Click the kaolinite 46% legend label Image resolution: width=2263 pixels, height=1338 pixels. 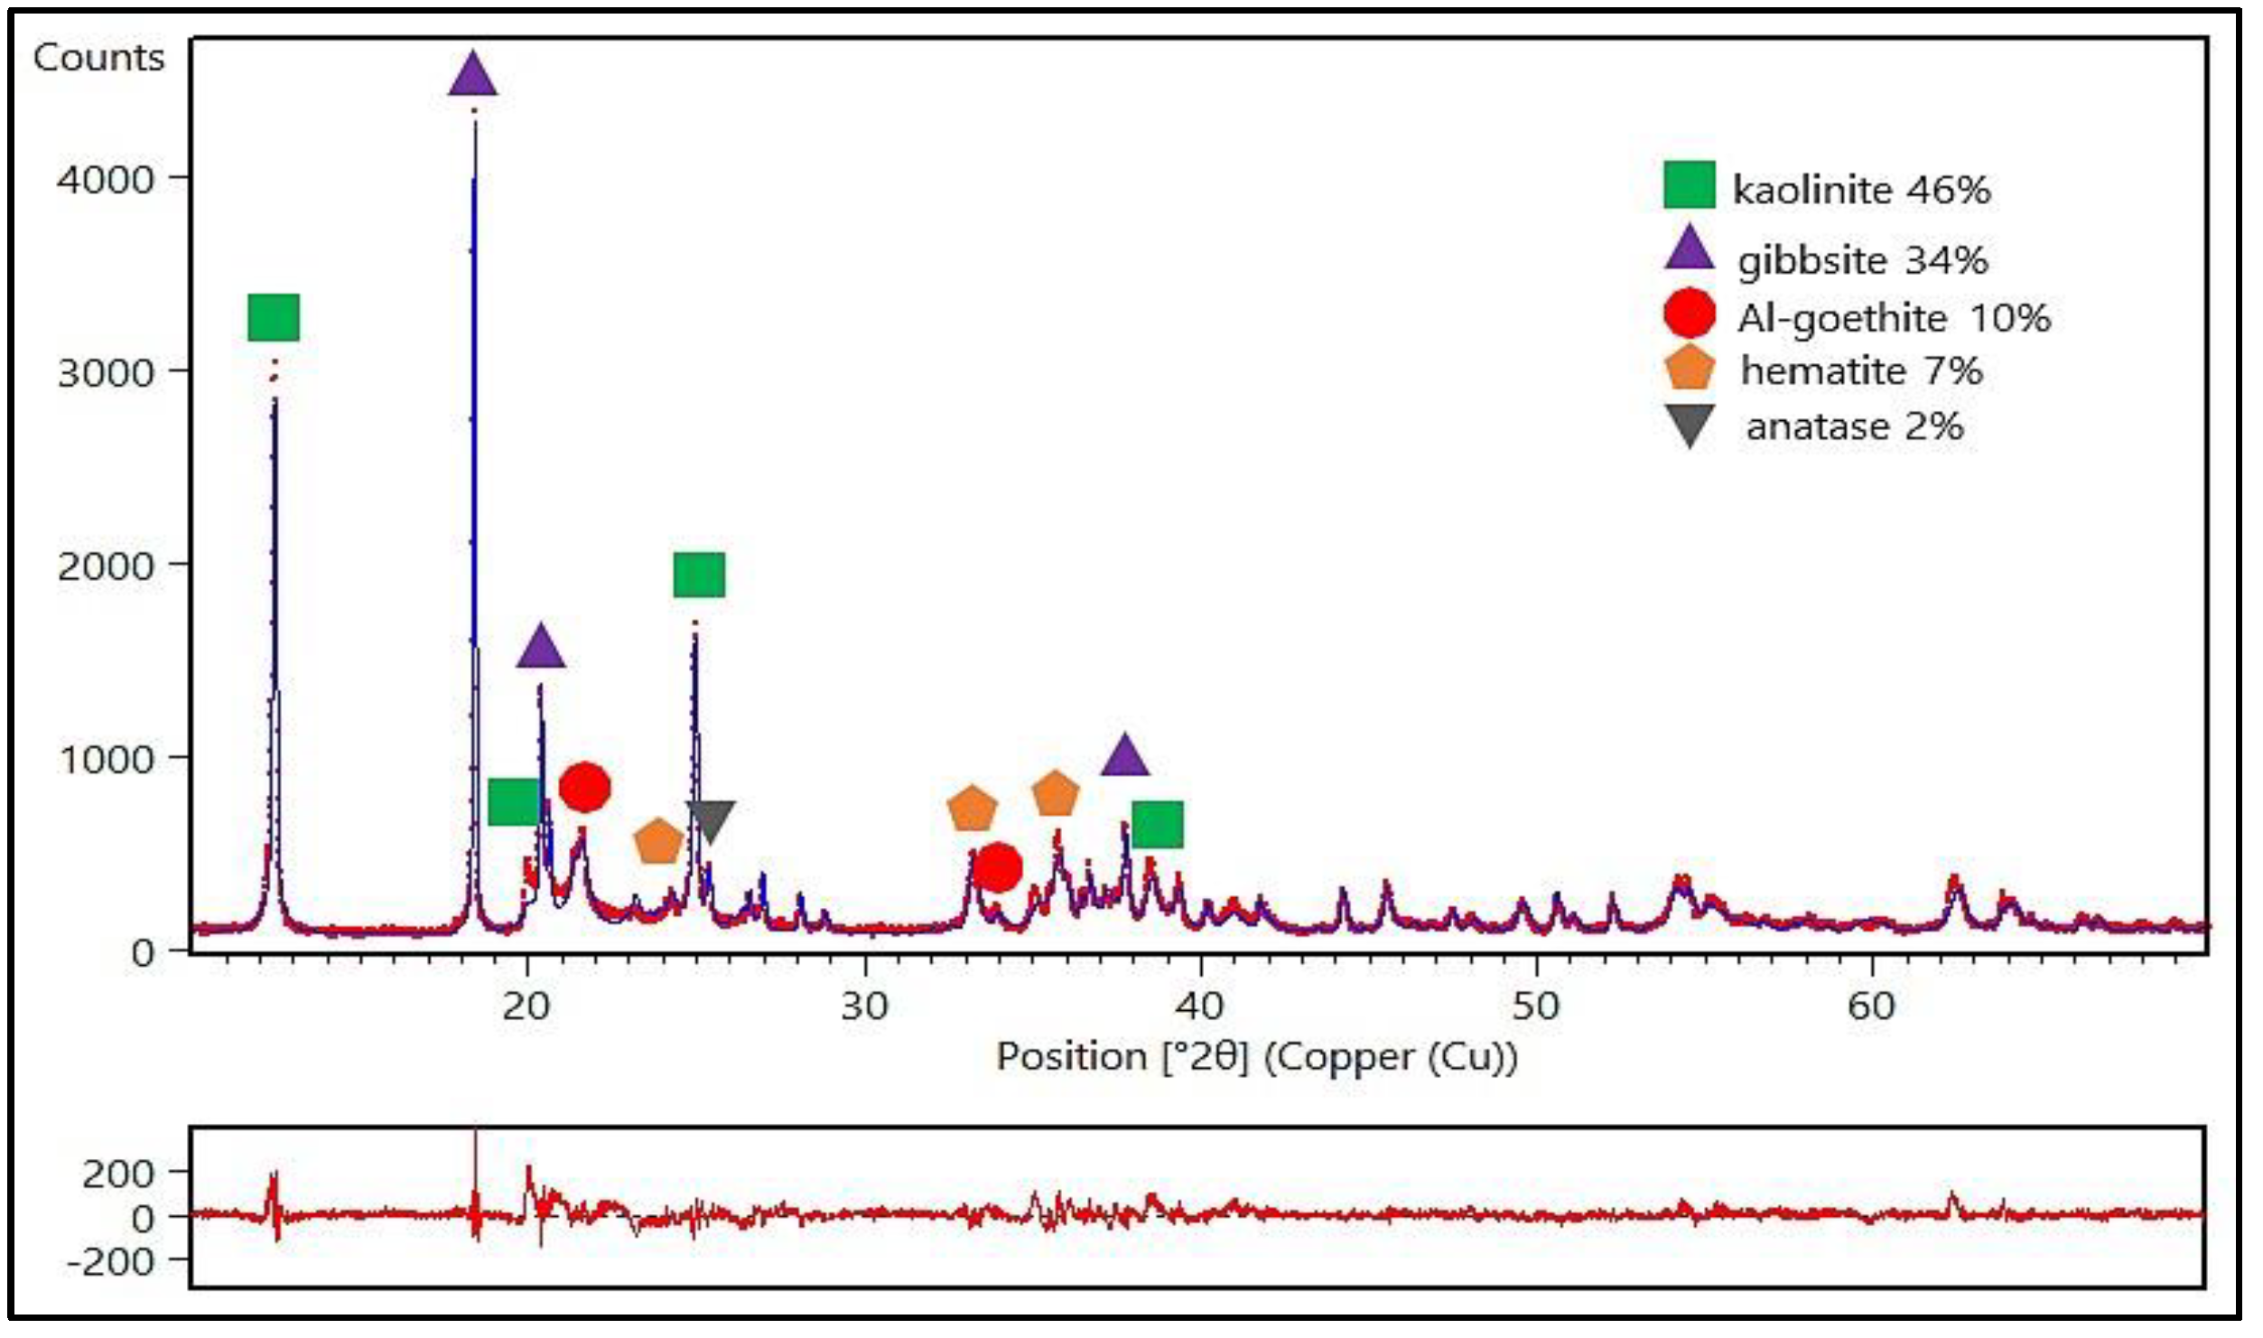(x=1860, y=190)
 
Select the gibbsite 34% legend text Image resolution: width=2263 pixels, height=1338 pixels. (x=1862, y=260)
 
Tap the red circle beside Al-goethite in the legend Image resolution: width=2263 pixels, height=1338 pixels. (x=1689, y=313)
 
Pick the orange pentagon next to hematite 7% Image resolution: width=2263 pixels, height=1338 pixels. (x=1689, y=370)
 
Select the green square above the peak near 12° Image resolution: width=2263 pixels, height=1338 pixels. (x=274, y=317)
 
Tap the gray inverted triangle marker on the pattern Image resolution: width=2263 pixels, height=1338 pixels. (x=710, y=819)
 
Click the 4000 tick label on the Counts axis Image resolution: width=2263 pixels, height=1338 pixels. (x=105, y=179)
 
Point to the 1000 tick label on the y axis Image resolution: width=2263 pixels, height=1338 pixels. (x=105, y=759)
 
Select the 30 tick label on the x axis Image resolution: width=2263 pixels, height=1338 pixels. (x=864, y=1006)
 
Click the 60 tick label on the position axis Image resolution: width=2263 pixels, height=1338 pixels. (x=1871, y=1006)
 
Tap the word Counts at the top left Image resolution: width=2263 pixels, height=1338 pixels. (x=99, y=58)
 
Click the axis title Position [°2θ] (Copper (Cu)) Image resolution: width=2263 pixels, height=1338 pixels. (x=1256, y=1057)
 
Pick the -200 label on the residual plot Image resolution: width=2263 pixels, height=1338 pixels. (x=110, y=1262)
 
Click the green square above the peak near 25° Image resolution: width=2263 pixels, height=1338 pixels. (x=699, y=575)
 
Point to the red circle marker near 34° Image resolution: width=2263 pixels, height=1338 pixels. (x=997, y=867)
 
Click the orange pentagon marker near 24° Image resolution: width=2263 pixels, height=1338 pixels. (x=657, y=842)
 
